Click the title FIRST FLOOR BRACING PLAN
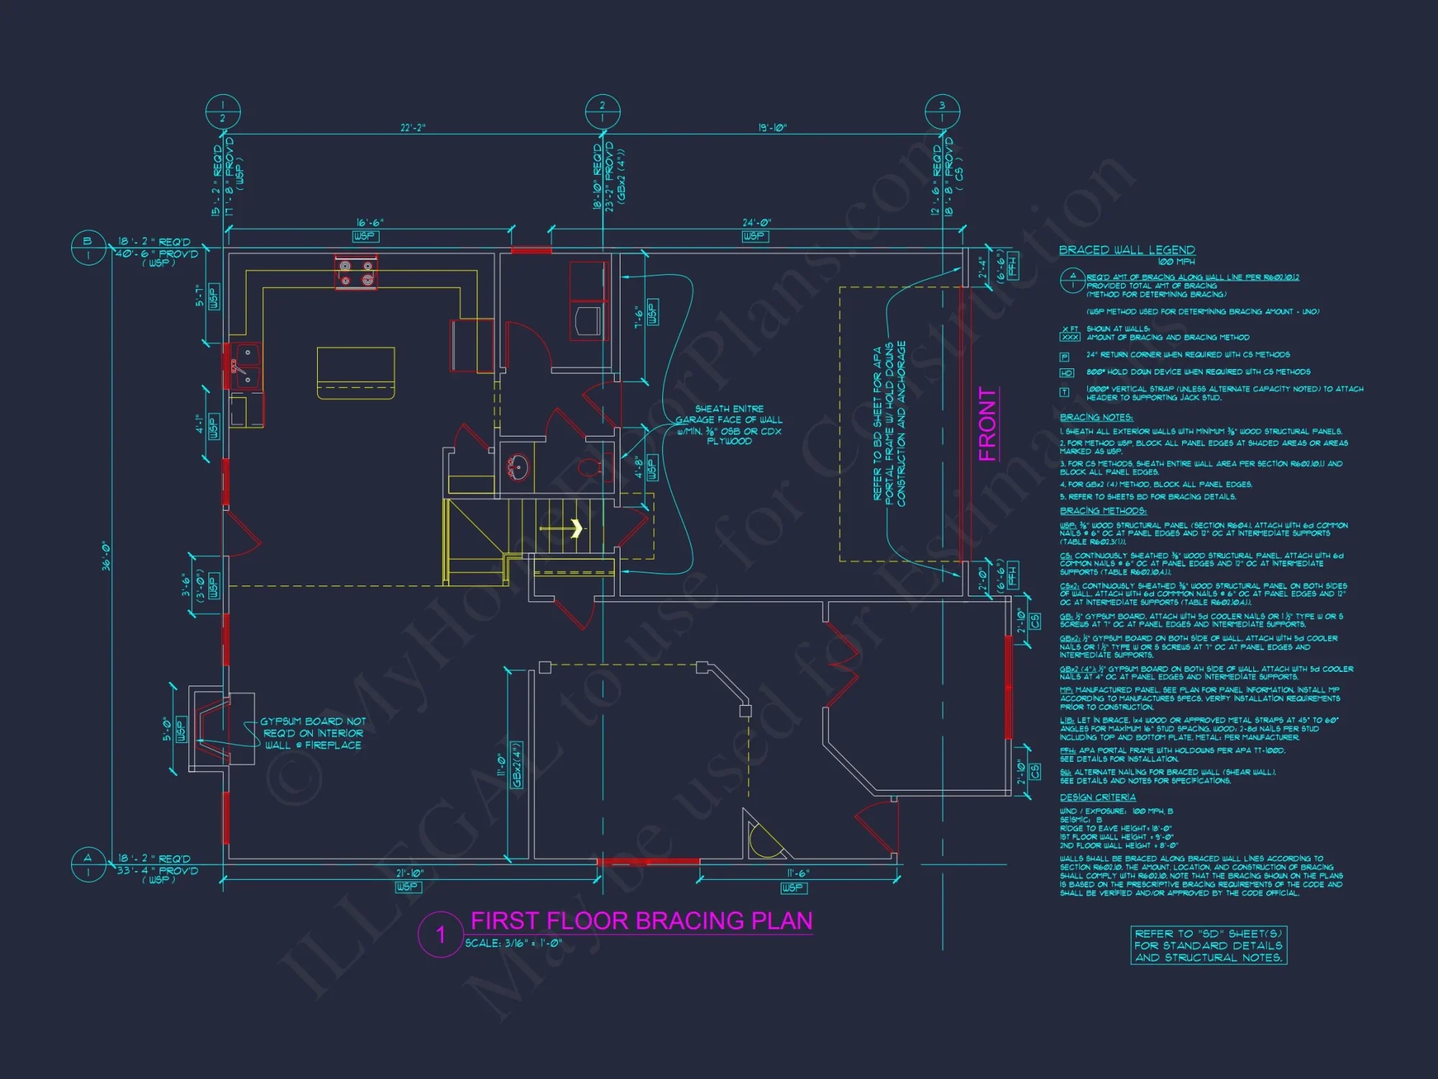click(641, 921)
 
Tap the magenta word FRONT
click(988, 424)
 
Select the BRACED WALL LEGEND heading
click(1127, 250)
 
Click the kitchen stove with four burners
click(356, 272)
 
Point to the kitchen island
click(356, 372)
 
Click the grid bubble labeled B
click(88, 247)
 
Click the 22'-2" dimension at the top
click(413, 127)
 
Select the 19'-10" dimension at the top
click(772, 127)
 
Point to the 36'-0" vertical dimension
click(106, 556)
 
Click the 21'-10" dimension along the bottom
click(410, 873)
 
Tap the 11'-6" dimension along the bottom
click(797, 873)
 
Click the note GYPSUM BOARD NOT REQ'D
click(313, 733)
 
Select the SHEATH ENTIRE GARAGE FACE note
click(729, 424)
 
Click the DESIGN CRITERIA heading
click(1097, 797)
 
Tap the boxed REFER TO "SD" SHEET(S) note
click(1208, 945)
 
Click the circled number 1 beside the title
click(440, 934)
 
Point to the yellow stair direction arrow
click(575, 529)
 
